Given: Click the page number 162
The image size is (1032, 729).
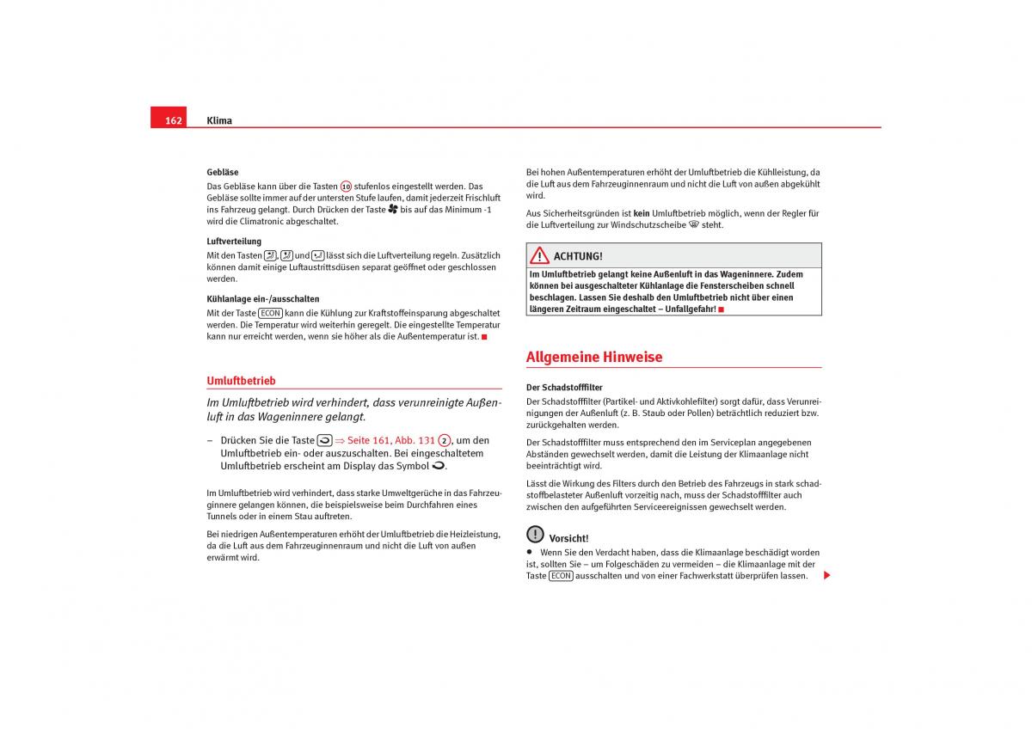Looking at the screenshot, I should click(x=173, y=120).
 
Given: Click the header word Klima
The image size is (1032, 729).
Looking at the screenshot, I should click(x=219, y=120).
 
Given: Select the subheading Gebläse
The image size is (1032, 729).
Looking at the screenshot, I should click(x=223, y=172).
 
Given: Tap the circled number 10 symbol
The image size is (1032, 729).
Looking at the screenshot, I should click(x=346, y=187).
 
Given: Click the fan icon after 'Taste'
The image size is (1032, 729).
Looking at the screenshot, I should click(x=393, y=209).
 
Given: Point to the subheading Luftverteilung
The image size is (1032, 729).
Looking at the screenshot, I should click(x=234, y=242).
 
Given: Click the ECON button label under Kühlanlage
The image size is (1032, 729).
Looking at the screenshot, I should click(x=271, y=314).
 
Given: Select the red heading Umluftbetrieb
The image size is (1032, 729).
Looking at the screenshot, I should click(x=241, y=380).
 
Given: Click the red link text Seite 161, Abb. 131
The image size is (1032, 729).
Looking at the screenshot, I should click(x=391, y=440).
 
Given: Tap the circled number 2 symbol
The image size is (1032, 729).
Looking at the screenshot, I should click(x=444, y=440).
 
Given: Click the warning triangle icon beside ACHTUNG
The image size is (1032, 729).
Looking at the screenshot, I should click(x=539, y=255).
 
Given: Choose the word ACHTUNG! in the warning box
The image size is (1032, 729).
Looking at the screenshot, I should click(x=578, y=256).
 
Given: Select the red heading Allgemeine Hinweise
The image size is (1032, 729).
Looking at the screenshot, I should click(x=594, y=357).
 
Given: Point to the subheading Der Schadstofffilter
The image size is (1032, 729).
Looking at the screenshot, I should click(x=564, y=388).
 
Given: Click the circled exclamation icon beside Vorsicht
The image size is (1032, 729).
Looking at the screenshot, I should click(x=535, y=534).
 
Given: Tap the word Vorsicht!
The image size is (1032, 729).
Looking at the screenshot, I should click(x=568, y=538).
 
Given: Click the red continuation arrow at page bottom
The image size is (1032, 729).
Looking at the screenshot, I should click(x=826, y=575).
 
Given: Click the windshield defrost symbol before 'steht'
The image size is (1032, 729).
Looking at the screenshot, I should click(x=693, y=224).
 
